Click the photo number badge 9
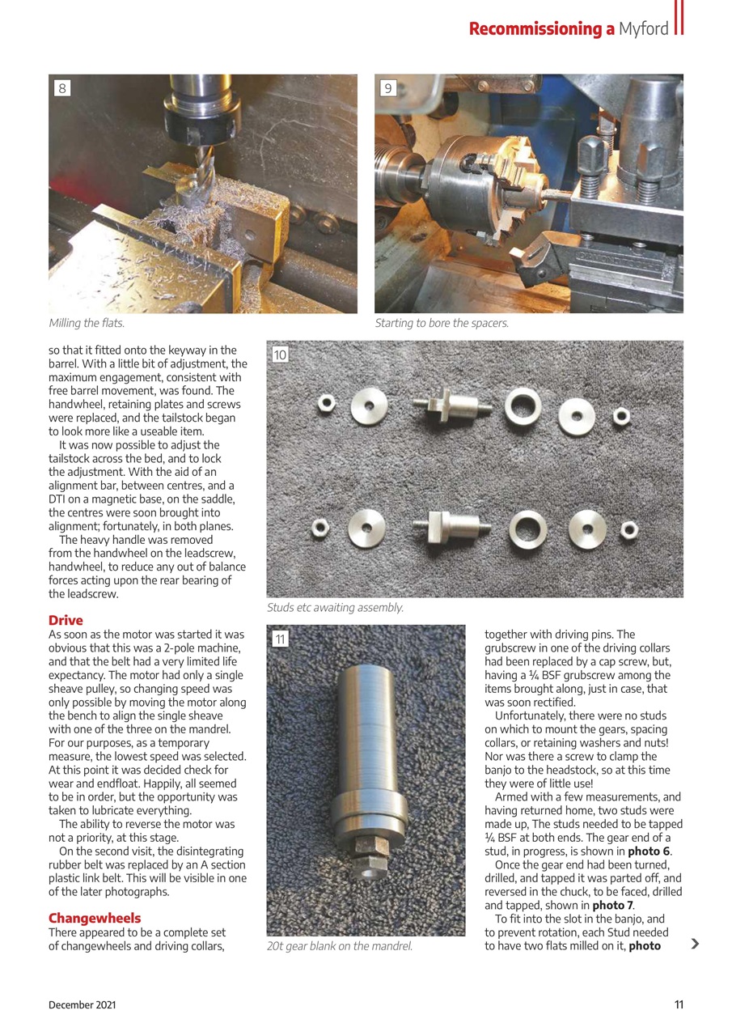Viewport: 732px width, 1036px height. click(388, 88)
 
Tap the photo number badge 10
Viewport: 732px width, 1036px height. click(280, 355)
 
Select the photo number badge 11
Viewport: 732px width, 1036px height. click(280, 639)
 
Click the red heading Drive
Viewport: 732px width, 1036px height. click(66, 621)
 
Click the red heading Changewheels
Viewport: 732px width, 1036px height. click(95, 918)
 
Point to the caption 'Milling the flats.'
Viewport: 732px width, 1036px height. click(87, 323)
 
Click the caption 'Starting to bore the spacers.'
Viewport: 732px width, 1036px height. click(442, 323)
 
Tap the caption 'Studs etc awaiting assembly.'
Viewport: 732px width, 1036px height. click(335, 607)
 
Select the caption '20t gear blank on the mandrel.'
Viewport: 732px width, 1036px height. click(340, 945)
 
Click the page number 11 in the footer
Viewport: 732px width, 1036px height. click(679, 1004)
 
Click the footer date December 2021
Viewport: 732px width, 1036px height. click(82, 1004)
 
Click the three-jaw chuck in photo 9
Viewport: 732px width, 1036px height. click(469, 186)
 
